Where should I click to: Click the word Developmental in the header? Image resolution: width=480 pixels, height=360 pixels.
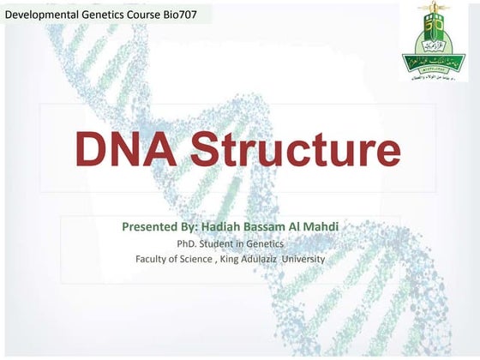[43, 15]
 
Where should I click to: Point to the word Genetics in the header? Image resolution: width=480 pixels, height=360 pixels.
[105, 15]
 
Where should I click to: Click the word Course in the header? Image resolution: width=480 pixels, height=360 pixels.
[146, 15]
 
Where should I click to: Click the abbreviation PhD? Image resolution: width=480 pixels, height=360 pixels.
[201, 243]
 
